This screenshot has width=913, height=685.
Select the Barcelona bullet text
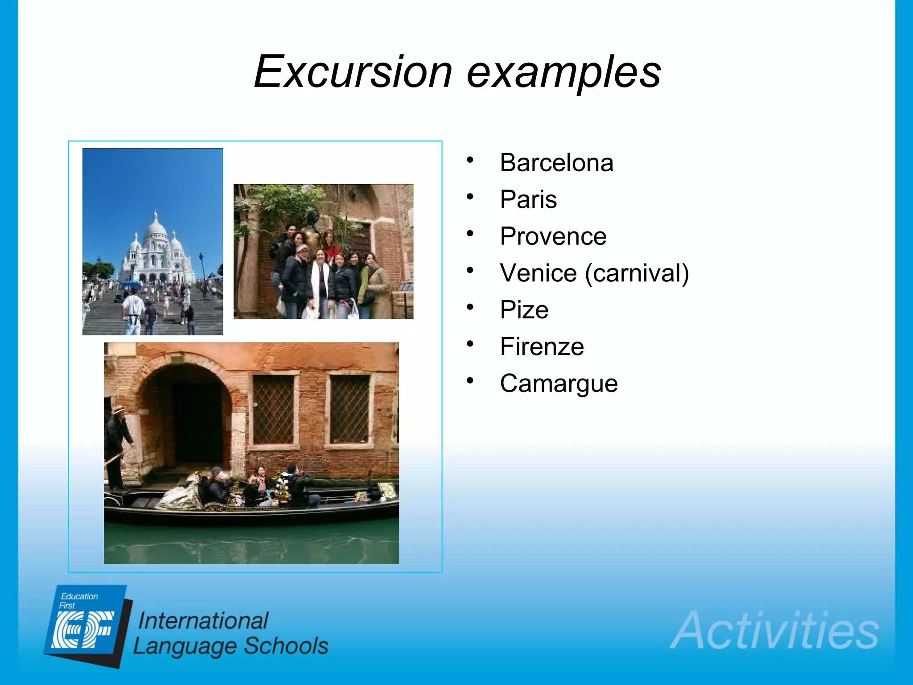tap(556, 163)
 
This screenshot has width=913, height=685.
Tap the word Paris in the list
tap(528, 199)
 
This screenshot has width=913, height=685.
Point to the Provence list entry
tap(553, 236)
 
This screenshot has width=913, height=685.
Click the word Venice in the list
tap(538, 273)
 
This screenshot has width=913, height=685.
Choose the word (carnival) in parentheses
tap(637, 274)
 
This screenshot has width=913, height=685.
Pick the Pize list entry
tap(524, 310)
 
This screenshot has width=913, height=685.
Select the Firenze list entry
tap(542, 347)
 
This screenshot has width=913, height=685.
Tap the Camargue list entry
tap(559, 384)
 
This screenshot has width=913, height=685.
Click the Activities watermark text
tap(774, 631)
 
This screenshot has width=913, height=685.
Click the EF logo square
tap(85, 627)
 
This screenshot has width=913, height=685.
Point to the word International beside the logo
tap(203, 621)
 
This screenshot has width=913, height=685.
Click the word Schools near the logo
tap(286, 646)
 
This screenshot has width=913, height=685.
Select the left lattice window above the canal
tap(274, 409)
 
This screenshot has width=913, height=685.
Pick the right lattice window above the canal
tap(350, 409)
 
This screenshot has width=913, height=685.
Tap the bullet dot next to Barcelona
tap(470, 160)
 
